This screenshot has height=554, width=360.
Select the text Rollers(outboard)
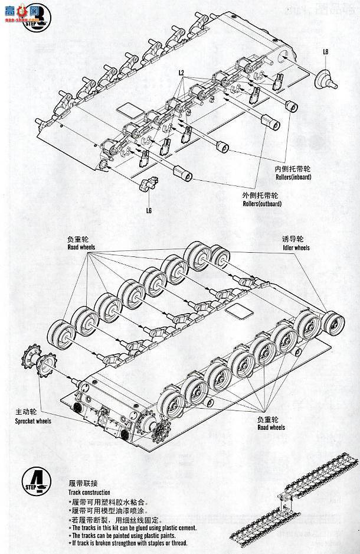coord(258,204)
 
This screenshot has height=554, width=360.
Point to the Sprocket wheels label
coord(33,421)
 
